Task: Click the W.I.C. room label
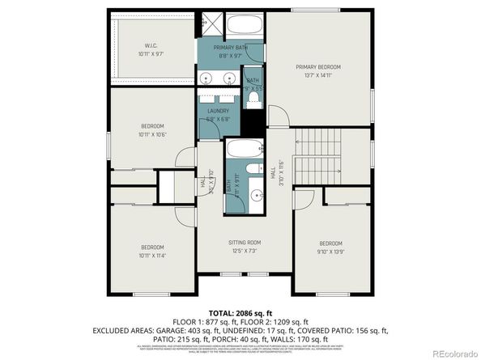(x=151, y=45)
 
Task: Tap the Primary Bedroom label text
(x=317, y=66)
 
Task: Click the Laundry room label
(x=219, y=110)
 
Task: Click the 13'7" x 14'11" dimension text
(x=317, y=74)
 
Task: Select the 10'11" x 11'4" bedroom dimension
(x=152, y=255)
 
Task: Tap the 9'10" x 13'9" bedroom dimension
(x=330, y=251)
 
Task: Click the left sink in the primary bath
(x=207, y=79)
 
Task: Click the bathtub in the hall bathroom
(x=241, y=150)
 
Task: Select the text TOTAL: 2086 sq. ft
(x=240, y=311)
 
